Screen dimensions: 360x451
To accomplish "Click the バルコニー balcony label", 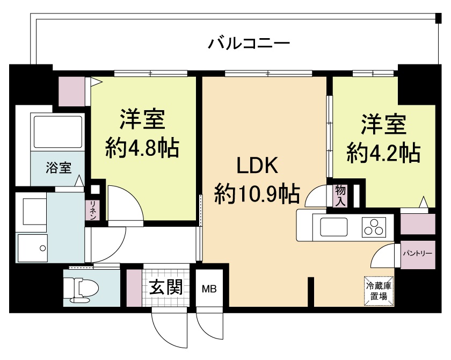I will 249,42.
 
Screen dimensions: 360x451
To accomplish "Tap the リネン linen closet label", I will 93,210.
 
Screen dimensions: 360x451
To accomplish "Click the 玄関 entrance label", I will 165,287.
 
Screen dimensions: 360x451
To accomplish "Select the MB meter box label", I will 209,289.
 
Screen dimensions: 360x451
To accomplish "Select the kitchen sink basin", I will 337,227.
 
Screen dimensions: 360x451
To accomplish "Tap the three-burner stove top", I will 374,227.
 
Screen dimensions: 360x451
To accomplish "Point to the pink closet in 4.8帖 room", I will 71,91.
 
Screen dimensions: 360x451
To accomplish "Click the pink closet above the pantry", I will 417,224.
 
